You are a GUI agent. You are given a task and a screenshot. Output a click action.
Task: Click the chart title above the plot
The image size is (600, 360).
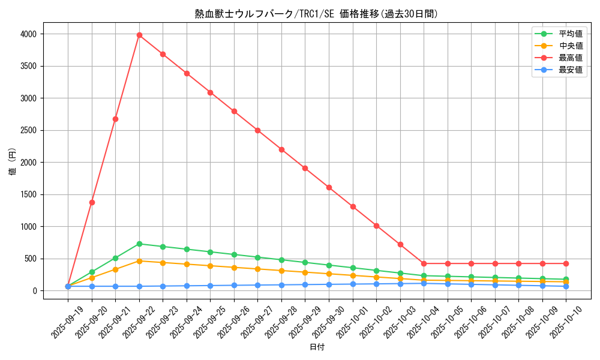tap(316, 14)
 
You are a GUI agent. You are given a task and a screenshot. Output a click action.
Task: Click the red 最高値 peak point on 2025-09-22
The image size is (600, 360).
tap(139, 35)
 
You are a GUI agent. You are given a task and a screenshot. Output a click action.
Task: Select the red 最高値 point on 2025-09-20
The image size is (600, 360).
tap(92, 202)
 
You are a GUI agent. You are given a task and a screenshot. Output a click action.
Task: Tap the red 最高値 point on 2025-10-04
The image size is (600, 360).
tap(424, 263)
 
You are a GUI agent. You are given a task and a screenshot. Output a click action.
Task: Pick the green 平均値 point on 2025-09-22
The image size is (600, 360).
tap(139, 244)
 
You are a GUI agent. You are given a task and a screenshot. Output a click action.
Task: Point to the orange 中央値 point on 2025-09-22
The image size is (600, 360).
tap(139, 261)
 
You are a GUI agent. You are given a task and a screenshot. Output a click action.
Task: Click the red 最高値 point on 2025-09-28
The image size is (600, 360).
tap(281, 149)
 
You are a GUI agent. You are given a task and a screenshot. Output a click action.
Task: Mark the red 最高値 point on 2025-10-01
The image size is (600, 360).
tap(353, 206)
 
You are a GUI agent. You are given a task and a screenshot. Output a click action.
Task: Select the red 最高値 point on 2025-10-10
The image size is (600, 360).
tap(566, 263)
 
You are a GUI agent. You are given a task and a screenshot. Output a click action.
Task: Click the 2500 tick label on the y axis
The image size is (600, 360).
tap(28, 130)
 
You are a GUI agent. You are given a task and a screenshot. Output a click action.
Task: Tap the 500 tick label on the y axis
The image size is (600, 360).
tap(31, 259)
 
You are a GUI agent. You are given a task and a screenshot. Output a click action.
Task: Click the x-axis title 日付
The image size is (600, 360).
tap(317, 347)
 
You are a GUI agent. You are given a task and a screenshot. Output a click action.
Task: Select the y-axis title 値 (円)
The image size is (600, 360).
tap(12, 162)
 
